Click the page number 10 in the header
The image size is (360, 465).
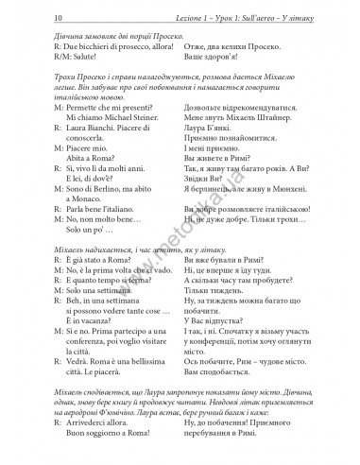17,16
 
